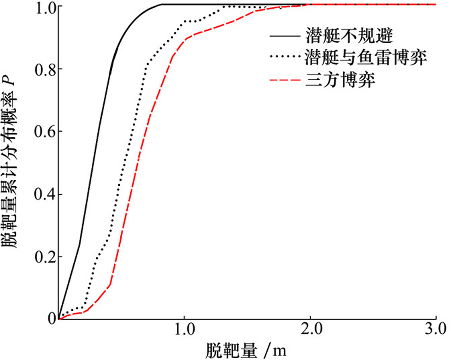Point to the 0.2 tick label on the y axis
(44, 257)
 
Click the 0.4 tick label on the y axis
(44, 194)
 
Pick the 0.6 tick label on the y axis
(44, 132)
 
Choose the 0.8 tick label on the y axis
(44, 69)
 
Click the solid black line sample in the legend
(285, 38)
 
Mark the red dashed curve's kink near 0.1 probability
(110, 285)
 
